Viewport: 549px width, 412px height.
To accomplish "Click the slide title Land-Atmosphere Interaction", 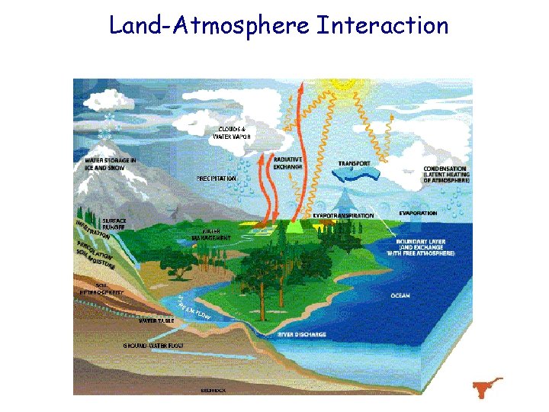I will click(278, 25).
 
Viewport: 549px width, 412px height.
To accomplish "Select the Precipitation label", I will click(217, 179).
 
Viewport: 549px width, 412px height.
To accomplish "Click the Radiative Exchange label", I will click(288, 163).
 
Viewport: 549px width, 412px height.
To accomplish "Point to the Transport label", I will click(355, 163).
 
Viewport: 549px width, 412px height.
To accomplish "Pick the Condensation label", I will click(446, 175).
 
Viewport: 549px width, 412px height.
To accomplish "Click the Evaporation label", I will click(418, 213).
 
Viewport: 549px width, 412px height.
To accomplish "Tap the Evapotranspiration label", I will click(344, 216).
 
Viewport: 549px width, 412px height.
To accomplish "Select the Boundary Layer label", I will click(425, 247).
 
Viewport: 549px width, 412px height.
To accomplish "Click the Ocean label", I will click(400, 295).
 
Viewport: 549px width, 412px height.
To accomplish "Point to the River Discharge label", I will click(302, 334).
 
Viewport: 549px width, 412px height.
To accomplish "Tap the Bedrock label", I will click(213, 389).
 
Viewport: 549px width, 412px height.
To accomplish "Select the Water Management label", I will click(217, 233).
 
